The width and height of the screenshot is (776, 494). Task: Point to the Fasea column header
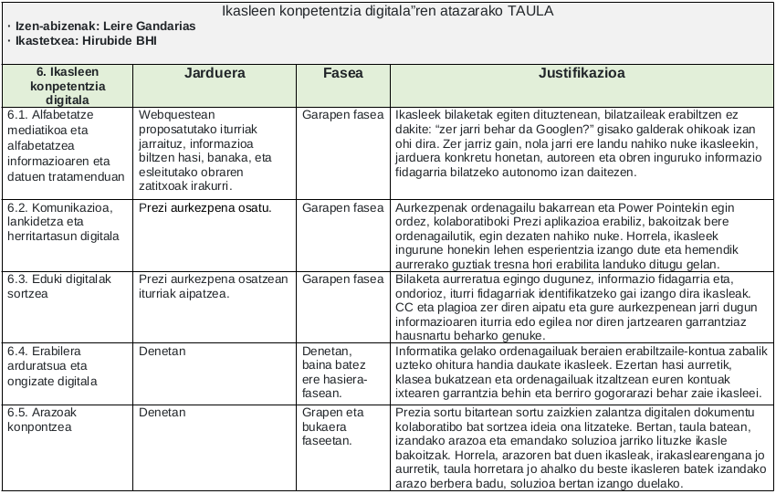342,73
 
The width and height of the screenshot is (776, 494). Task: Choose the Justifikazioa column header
581,73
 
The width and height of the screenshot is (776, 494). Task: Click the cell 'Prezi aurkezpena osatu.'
205,207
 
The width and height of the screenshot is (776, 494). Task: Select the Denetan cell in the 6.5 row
163,413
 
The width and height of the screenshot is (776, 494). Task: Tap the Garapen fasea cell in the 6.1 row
343,115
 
